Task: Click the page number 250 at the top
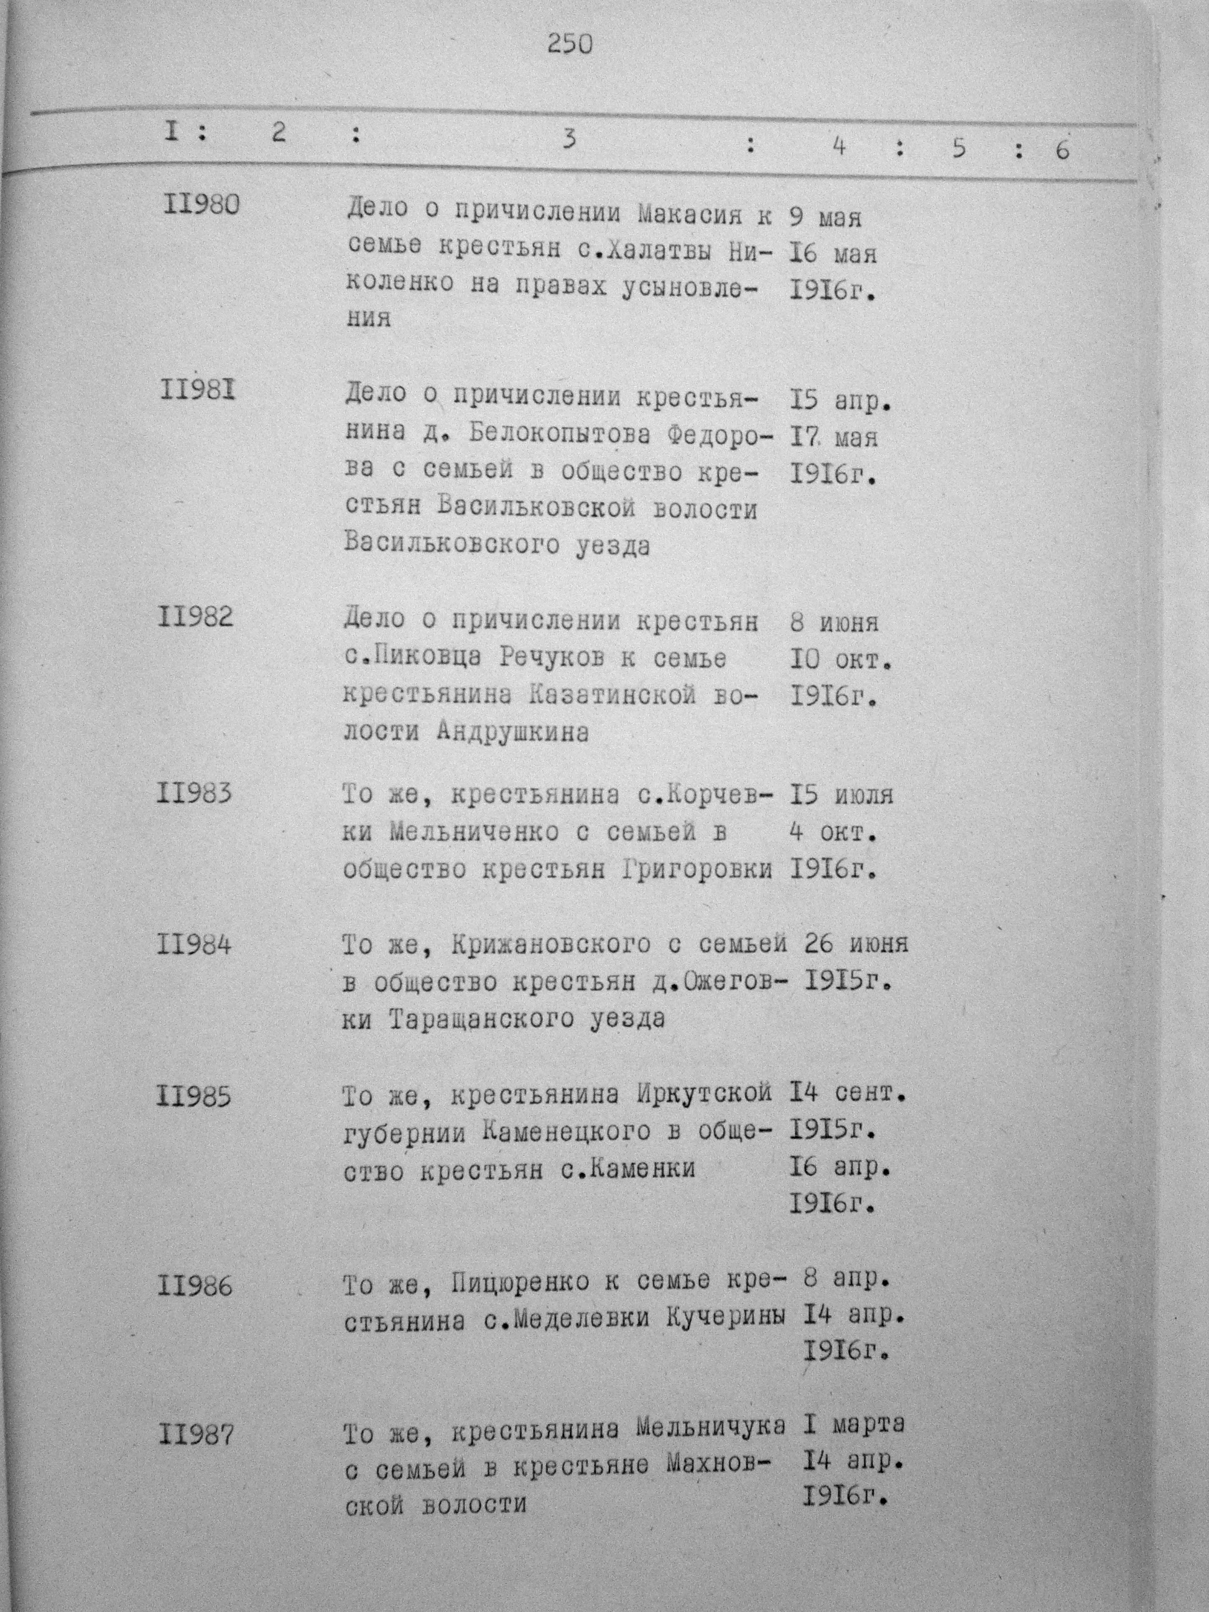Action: [x=570, y=45]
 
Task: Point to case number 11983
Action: [x=194, y=792]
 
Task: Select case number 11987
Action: [x=195, y=1435]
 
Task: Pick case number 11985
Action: [x=195, y=1096]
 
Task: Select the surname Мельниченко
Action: [x=475, y=832]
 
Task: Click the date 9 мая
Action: [x=826, y=217]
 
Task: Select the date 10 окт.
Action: [x=841, y=660]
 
